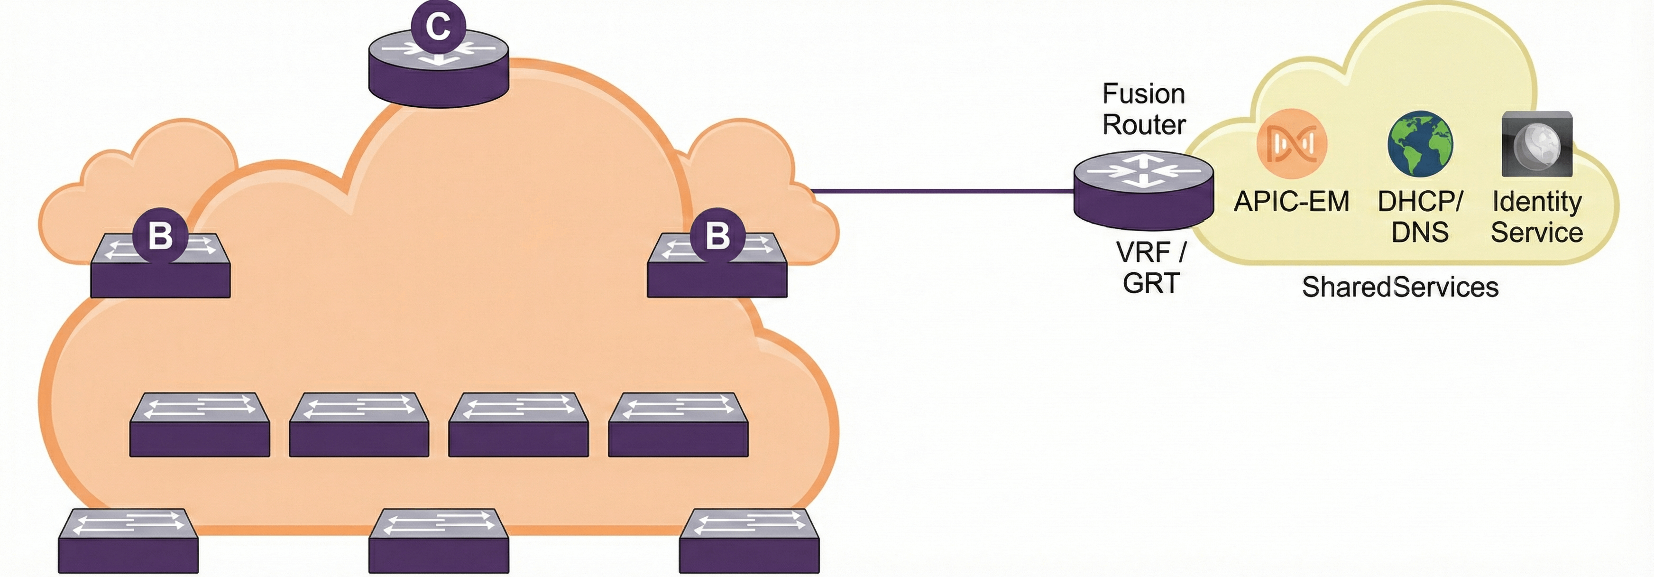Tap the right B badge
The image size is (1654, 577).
717,236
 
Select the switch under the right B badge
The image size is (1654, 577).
717,273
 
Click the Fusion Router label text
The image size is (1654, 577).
1144,109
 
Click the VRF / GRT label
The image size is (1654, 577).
1150,267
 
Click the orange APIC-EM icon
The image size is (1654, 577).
1291,143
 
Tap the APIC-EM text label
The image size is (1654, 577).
1291,202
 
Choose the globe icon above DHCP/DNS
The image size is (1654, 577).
1420,144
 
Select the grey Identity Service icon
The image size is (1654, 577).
1536,144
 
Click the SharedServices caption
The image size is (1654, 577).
1400,287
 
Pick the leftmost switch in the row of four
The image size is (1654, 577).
200,425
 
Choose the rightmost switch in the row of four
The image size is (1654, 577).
678,425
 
